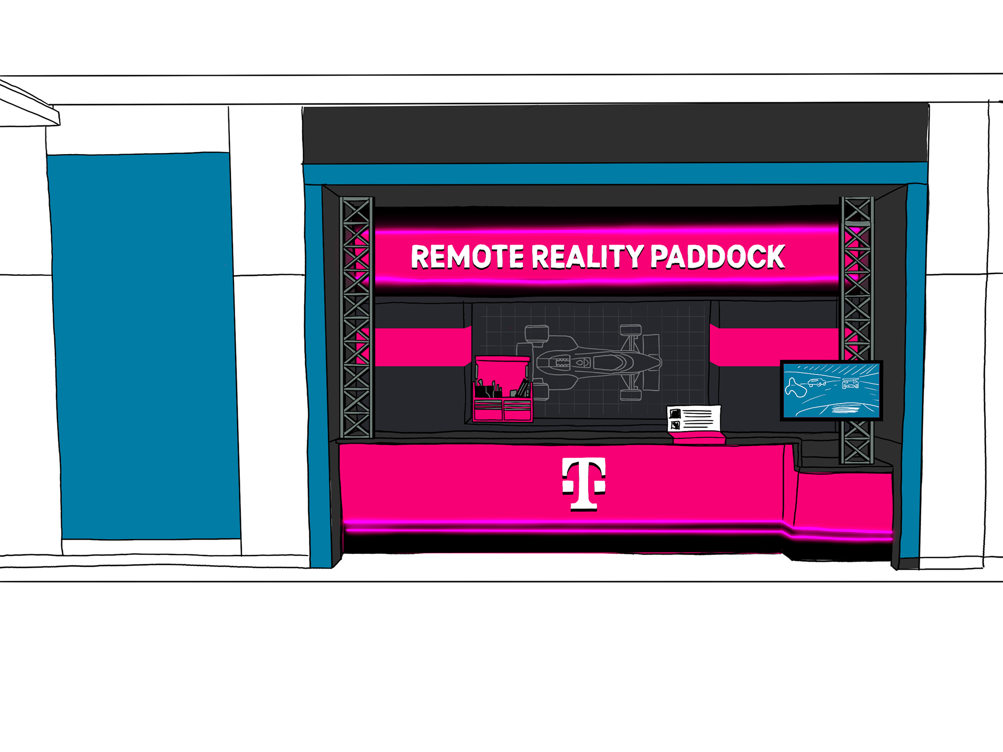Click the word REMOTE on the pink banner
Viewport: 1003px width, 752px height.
coord(467,257)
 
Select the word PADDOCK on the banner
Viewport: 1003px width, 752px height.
coord(717,257)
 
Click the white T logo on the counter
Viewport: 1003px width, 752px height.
coord(584,483)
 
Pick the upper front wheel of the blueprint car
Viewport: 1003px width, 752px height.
coord(631,330)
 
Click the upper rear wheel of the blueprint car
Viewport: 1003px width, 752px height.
coord(537,333)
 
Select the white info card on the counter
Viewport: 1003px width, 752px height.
coord(694,419)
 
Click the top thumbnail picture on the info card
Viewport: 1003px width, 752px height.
coord(675,413)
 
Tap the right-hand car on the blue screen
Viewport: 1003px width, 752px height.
coord(850,384)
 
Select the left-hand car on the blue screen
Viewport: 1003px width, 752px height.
coord(816,383)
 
